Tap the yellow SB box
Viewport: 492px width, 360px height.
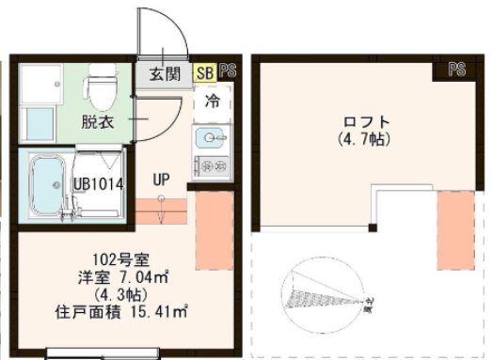[204, 71]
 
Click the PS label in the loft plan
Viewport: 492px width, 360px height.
[457, 70]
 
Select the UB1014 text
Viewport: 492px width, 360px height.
[100, 184]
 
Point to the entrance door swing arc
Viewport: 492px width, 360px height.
[169, 33]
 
